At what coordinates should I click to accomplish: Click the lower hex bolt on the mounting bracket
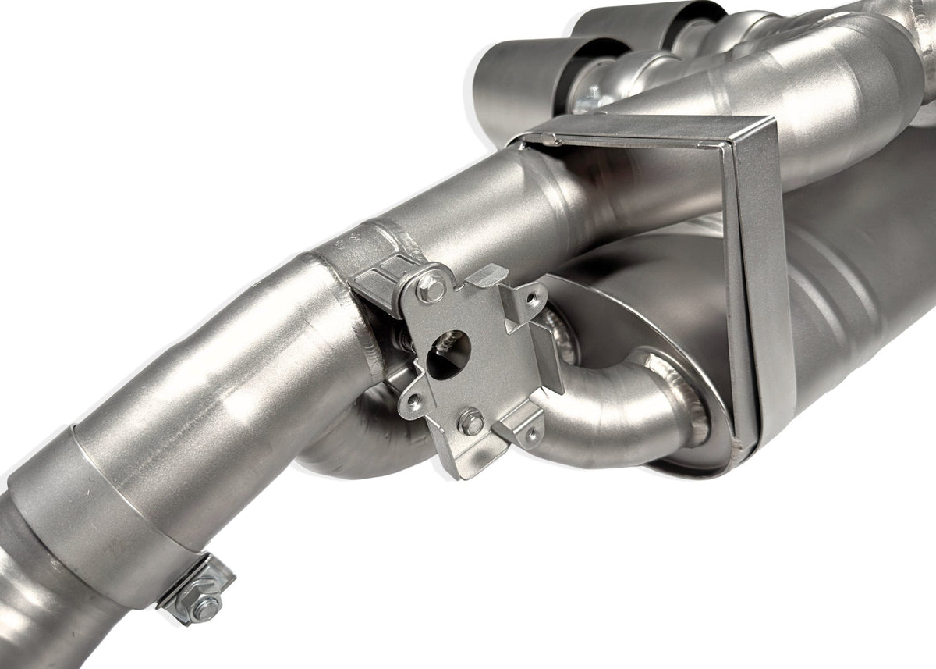[x=471, y=422]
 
